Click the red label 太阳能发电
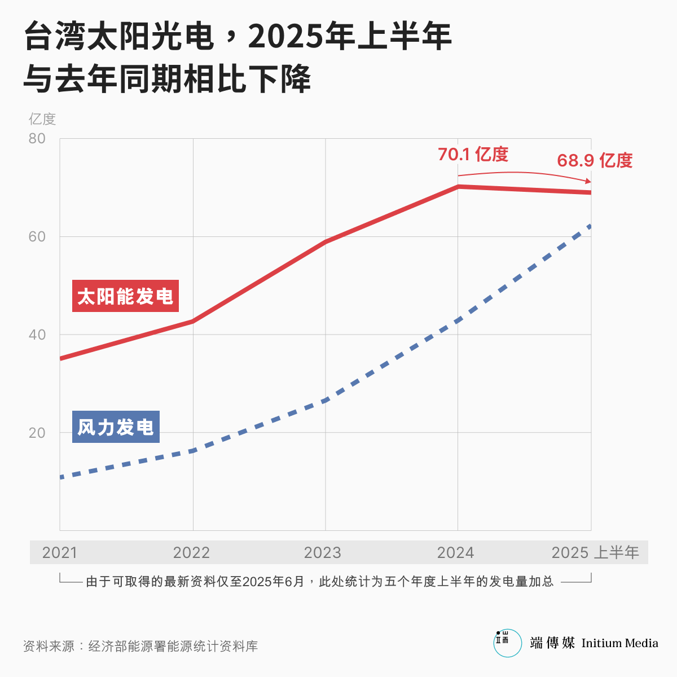125,296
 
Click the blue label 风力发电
116,427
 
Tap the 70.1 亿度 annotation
473,154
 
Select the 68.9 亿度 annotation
595,161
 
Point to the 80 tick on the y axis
37,139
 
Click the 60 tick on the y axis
37,237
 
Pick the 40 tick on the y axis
37,335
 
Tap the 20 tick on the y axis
37,433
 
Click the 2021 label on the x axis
60,553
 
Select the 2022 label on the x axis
191,553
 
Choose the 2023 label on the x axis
323,553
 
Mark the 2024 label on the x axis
455,553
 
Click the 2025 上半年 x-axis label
595,553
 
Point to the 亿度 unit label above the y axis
42,119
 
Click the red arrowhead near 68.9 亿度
588,181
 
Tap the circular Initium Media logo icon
507,643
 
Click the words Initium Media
619,643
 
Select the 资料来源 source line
140,647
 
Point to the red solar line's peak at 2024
458,186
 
